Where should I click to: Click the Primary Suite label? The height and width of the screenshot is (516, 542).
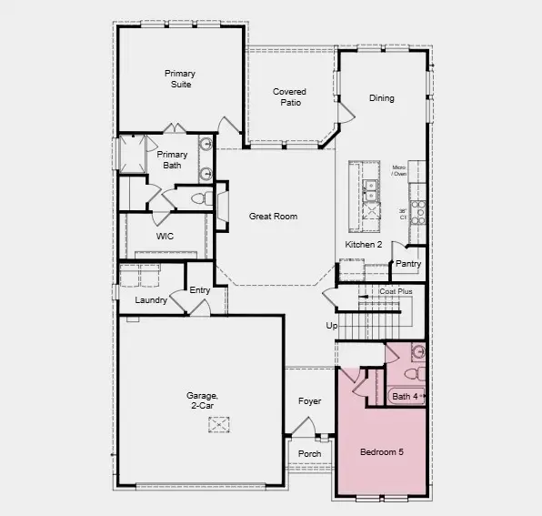[x=180, y=78]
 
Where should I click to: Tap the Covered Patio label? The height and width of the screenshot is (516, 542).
[x=289, y=97]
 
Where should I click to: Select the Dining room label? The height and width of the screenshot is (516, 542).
[x=382, y=98]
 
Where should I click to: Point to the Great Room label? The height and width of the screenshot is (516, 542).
[x=274, y=217]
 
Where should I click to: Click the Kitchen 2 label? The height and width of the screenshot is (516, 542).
[x=363, y=246]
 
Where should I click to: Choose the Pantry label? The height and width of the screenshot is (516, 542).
[x=407, y=264]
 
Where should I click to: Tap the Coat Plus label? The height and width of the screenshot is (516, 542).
[x=396, y=291]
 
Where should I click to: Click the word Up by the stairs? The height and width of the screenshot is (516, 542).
[x=332, y=325]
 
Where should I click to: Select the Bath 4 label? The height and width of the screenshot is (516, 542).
[x=406, y=396]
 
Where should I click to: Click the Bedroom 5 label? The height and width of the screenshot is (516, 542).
[x=381, y=452]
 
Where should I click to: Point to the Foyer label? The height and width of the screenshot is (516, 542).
[x=309, y=401]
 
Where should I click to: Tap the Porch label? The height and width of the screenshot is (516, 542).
[x=309, y=454]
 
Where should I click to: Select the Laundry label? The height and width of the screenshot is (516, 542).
[x=151, y=300]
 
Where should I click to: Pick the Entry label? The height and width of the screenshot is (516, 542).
[x=200, y=291]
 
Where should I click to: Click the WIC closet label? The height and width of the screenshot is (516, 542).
[x=165, y=236]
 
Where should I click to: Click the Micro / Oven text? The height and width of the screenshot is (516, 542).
[x=398, y=171]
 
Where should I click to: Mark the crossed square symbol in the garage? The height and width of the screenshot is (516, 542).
[x=219, y=424]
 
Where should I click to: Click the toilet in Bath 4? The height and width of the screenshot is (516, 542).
[x=411, y=373]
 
